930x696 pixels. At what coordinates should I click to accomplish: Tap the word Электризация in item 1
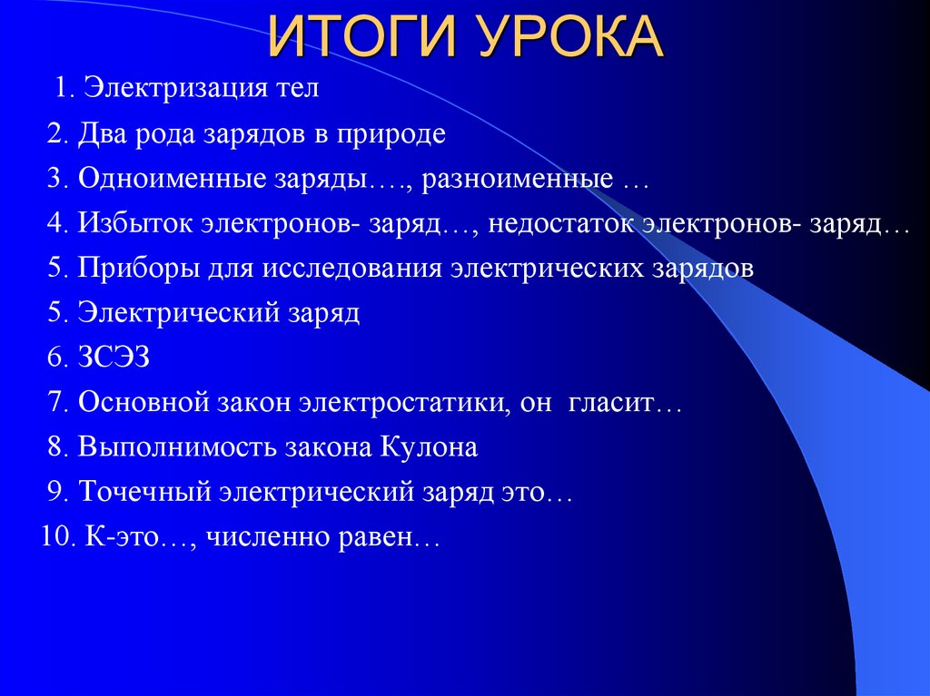176,90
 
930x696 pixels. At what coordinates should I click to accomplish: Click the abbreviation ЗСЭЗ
113,358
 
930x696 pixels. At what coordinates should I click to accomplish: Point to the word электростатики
401,403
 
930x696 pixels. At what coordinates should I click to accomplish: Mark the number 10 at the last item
56,537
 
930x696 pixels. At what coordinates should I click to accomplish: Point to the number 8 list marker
56,448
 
